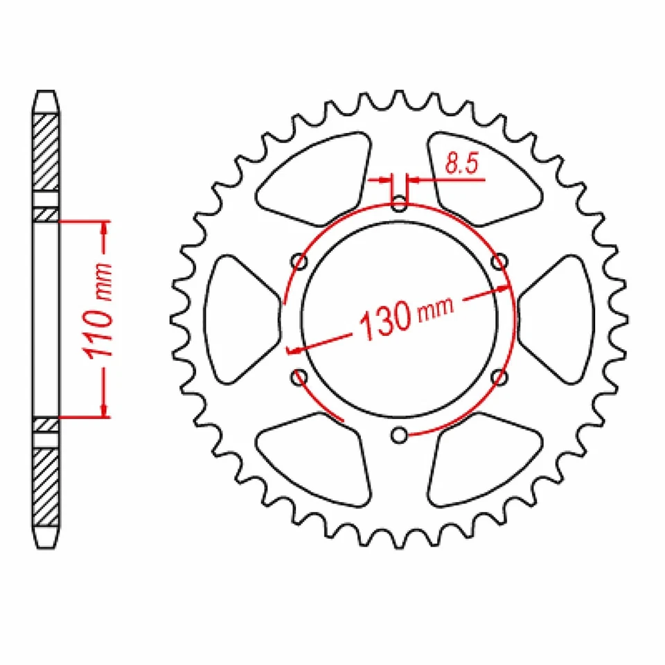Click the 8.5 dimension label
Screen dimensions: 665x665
[x=456, y=164]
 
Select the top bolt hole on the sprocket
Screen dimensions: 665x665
[x=400, y=204]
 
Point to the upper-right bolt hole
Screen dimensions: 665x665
[x=499, y=261]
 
